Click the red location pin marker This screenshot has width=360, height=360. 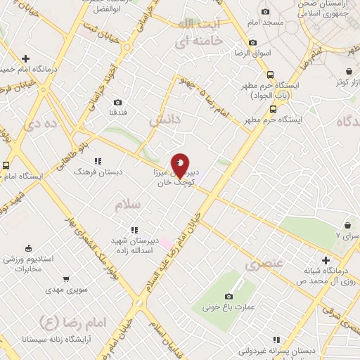pos(181,165)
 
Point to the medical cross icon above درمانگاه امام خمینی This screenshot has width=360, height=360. pos(26,58)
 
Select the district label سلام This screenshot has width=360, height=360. pos(128,204)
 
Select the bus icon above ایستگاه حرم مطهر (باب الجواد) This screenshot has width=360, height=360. pos(270,75)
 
